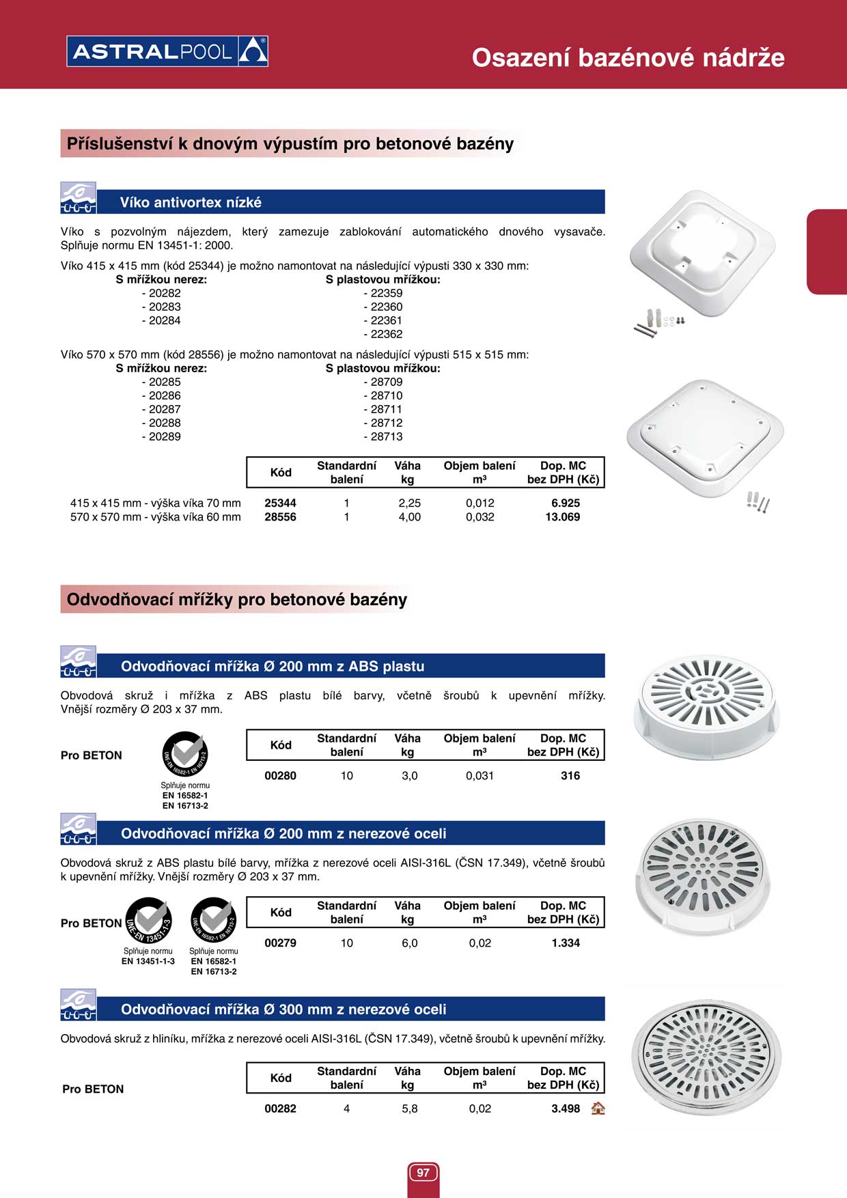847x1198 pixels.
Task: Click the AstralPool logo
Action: [167, 51]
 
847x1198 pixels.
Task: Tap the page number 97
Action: [423, 1173]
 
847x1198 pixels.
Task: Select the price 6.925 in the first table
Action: [566, 503]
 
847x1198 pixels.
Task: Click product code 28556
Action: [280, 517]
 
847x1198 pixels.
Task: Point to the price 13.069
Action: [562, 517]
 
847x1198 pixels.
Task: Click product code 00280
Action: [280, 776]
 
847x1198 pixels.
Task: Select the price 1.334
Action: [566, 943]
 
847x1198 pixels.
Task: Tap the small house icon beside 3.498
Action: [598, 1108]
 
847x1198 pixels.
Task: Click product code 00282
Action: [280, 1109]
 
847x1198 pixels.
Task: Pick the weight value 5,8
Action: [409, 1109]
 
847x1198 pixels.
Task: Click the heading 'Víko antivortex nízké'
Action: [191, 202]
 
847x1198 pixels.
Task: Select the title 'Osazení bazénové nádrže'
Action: [628, 57]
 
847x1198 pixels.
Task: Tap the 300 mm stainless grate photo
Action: [706, 1057]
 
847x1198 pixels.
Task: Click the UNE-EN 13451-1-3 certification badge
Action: [148, 921]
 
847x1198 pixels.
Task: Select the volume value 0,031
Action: [480, 776]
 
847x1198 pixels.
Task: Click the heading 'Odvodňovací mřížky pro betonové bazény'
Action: [237, 600]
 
